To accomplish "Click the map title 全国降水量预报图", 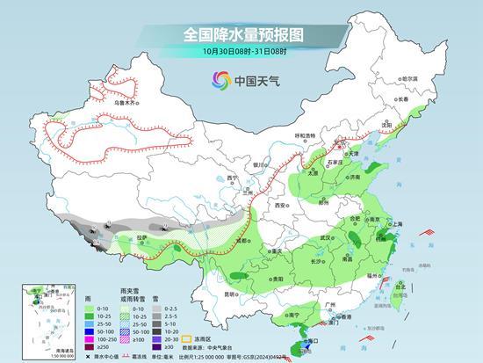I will pyautogui.click(x=241, y=34).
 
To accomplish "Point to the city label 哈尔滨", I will pyautogui.click(x=409, y=78).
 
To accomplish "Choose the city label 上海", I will pyautogui.click(x=394, y=224).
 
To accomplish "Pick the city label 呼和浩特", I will pyautogui.click(x=304, y=135).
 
